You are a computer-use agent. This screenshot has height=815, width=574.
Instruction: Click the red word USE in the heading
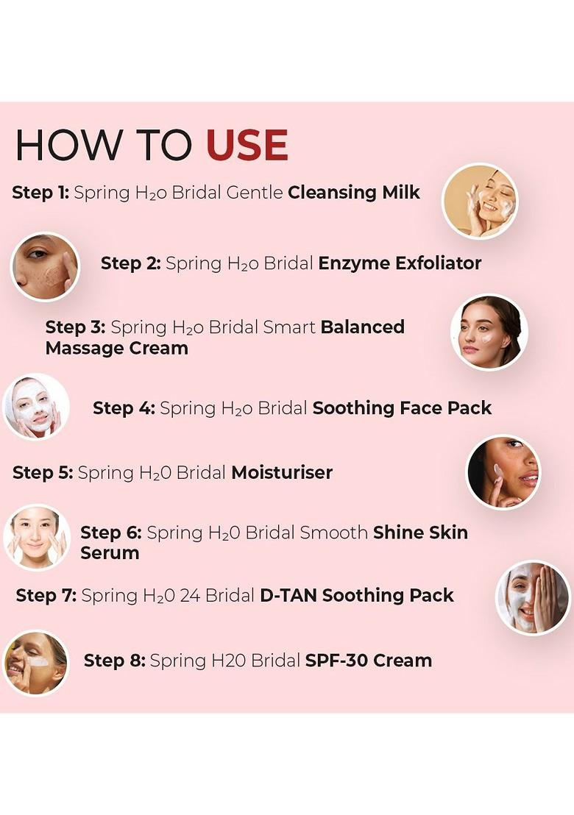247,145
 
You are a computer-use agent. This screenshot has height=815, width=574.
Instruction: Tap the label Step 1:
40,193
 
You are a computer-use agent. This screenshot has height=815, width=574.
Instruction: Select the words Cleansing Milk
354,193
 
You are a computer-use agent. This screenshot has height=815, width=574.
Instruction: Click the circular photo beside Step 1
480,201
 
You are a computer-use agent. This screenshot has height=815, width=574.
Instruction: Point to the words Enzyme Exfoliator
400,263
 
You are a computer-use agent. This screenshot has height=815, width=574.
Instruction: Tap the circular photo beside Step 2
45,266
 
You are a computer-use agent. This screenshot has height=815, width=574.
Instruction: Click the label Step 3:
76,327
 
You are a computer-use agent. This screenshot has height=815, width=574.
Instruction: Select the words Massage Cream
116,348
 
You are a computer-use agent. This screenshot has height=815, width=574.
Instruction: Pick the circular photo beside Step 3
489,332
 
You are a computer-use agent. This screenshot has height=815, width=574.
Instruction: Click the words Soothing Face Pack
402,408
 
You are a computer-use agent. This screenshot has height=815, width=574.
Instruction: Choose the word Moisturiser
282,472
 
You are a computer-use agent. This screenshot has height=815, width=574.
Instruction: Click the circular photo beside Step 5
504,472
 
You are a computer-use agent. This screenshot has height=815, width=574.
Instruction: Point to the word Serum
110,553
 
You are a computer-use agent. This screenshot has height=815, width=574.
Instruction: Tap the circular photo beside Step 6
37,538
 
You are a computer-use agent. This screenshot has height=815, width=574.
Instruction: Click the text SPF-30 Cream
368,661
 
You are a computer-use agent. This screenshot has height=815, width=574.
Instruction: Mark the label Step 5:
43,472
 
